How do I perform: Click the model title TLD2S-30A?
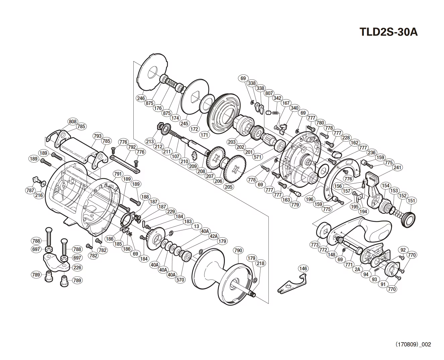pos(388,32)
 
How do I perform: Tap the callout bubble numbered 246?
pos(141,98)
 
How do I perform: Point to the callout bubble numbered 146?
pos(303,268)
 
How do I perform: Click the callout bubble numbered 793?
pos(98,136)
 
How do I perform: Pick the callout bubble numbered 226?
pos(77,267)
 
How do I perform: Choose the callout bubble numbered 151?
pos(411,201)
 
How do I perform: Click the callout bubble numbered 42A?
pos(214,236)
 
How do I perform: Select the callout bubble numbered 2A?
pos(358,269)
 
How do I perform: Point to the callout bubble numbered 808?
pos(72,121)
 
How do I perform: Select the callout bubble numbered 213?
pos(150,141)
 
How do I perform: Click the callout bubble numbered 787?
pos(30,190)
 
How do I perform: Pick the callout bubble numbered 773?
pos(315,245)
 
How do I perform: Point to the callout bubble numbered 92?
pos(403,250)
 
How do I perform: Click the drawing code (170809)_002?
pos(414,344)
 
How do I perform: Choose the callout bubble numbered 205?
pos(229,187)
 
